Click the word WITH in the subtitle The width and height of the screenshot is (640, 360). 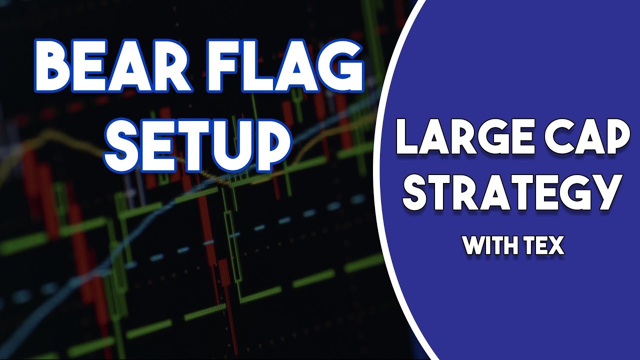[489, 245]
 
